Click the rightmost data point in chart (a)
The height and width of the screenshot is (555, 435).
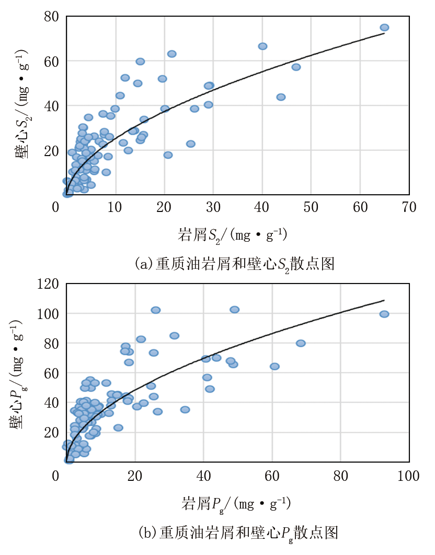(x=384, y=28)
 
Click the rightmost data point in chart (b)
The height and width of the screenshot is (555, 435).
(x=384, y=314)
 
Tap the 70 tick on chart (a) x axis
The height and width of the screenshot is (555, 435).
(x=409, y=207)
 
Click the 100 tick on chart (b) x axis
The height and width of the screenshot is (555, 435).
(x=408, y=476)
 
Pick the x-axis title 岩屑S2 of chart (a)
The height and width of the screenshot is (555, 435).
(x=233, y=235)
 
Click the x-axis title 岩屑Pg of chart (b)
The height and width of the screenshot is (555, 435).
(x=236, y=504)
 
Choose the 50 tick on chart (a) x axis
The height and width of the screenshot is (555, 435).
(x=311, y=207)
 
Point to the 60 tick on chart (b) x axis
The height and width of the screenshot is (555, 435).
(x=272, y=476)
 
